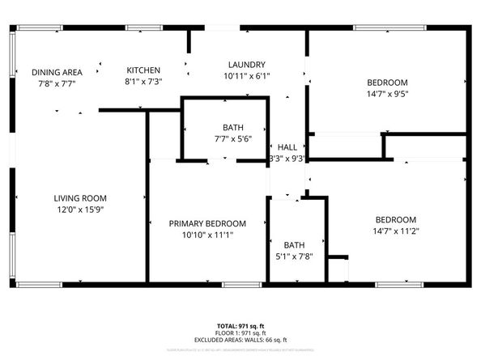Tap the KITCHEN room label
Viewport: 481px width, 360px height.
point(143,70)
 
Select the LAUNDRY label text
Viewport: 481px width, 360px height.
point(247,65)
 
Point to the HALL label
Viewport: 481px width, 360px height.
point(287,147)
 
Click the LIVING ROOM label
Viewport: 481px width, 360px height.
point(80,198)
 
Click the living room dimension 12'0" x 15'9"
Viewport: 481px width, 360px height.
point(80,210)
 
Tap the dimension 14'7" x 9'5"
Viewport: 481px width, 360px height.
point(387,94)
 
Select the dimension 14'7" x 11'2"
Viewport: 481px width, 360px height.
point(395,231)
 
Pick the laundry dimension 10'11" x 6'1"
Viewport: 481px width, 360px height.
point(247,77)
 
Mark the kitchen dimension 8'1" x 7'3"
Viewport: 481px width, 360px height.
point(143,83)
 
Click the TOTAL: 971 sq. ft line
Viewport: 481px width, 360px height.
point(240,325)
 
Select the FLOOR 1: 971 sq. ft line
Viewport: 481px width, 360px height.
point(240,332)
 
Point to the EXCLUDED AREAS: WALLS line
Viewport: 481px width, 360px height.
point(240,340)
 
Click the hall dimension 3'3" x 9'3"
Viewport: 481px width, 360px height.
point(287,159)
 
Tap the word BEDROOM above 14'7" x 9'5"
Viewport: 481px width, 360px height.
point(387,83)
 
